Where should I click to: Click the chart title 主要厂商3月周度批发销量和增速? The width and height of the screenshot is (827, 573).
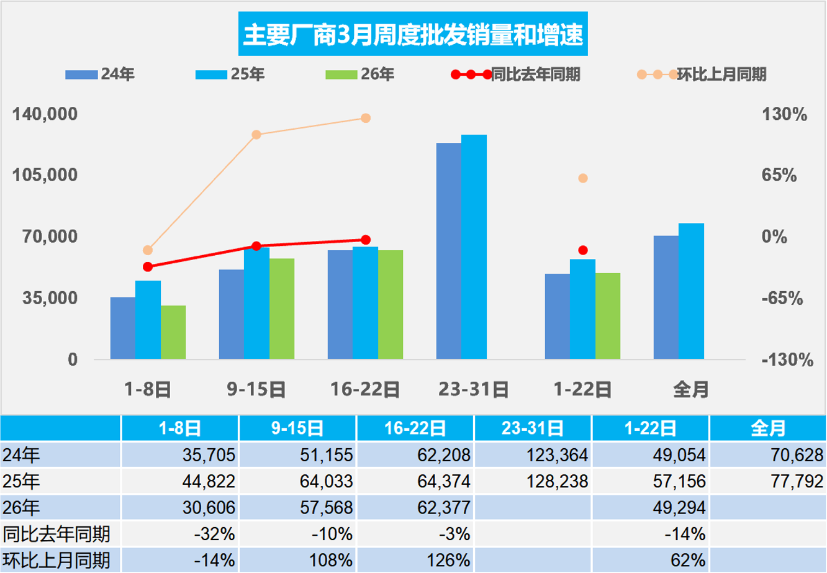coord(413,35)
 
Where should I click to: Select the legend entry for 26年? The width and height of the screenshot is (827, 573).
coord(359,74)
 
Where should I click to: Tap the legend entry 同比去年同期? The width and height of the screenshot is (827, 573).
coord(517,74)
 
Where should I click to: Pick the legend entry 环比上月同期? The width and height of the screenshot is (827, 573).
coord(702,74)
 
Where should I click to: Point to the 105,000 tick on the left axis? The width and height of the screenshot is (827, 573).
coord(46,175)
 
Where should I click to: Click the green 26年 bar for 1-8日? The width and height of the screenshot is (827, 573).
coord(173,332)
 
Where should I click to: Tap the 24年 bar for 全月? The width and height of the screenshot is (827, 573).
coord(666,297)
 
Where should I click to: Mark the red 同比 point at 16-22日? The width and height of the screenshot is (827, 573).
coord(366,240)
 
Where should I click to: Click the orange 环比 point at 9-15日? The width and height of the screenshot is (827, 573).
coord(256,135)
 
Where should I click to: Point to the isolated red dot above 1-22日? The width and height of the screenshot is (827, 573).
coord(582,250)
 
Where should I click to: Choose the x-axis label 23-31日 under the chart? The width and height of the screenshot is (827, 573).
coord(474,390)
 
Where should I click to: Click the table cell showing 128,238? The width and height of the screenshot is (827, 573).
coord(533,481)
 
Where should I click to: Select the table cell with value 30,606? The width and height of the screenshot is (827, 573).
coord(180,507)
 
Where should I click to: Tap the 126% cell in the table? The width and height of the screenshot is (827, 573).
coord(415,560)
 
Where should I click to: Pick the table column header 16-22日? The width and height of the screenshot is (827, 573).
coord(415,428)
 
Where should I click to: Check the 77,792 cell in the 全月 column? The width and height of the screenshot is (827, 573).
coord(767,481)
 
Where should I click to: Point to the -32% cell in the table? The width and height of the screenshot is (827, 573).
coord(180,534)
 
